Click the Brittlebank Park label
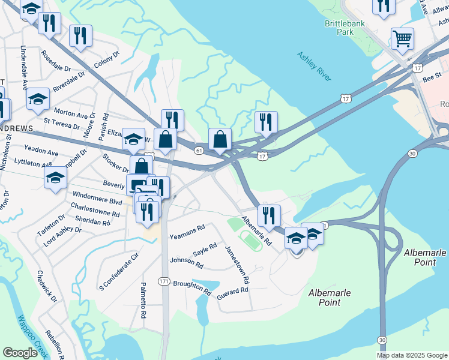(x=340, y=27)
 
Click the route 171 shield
(x=164, y=281)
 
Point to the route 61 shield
(x=198, y=151)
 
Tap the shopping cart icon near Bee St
(x=402, y=38)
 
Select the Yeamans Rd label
(x=187, y=228)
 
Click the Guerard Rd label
(x=232, y=291)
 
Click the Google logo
(x=20, y=353)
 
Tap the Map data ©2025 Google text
(x=411, y=355)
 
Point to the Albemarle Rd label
(x=256, y=231)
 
